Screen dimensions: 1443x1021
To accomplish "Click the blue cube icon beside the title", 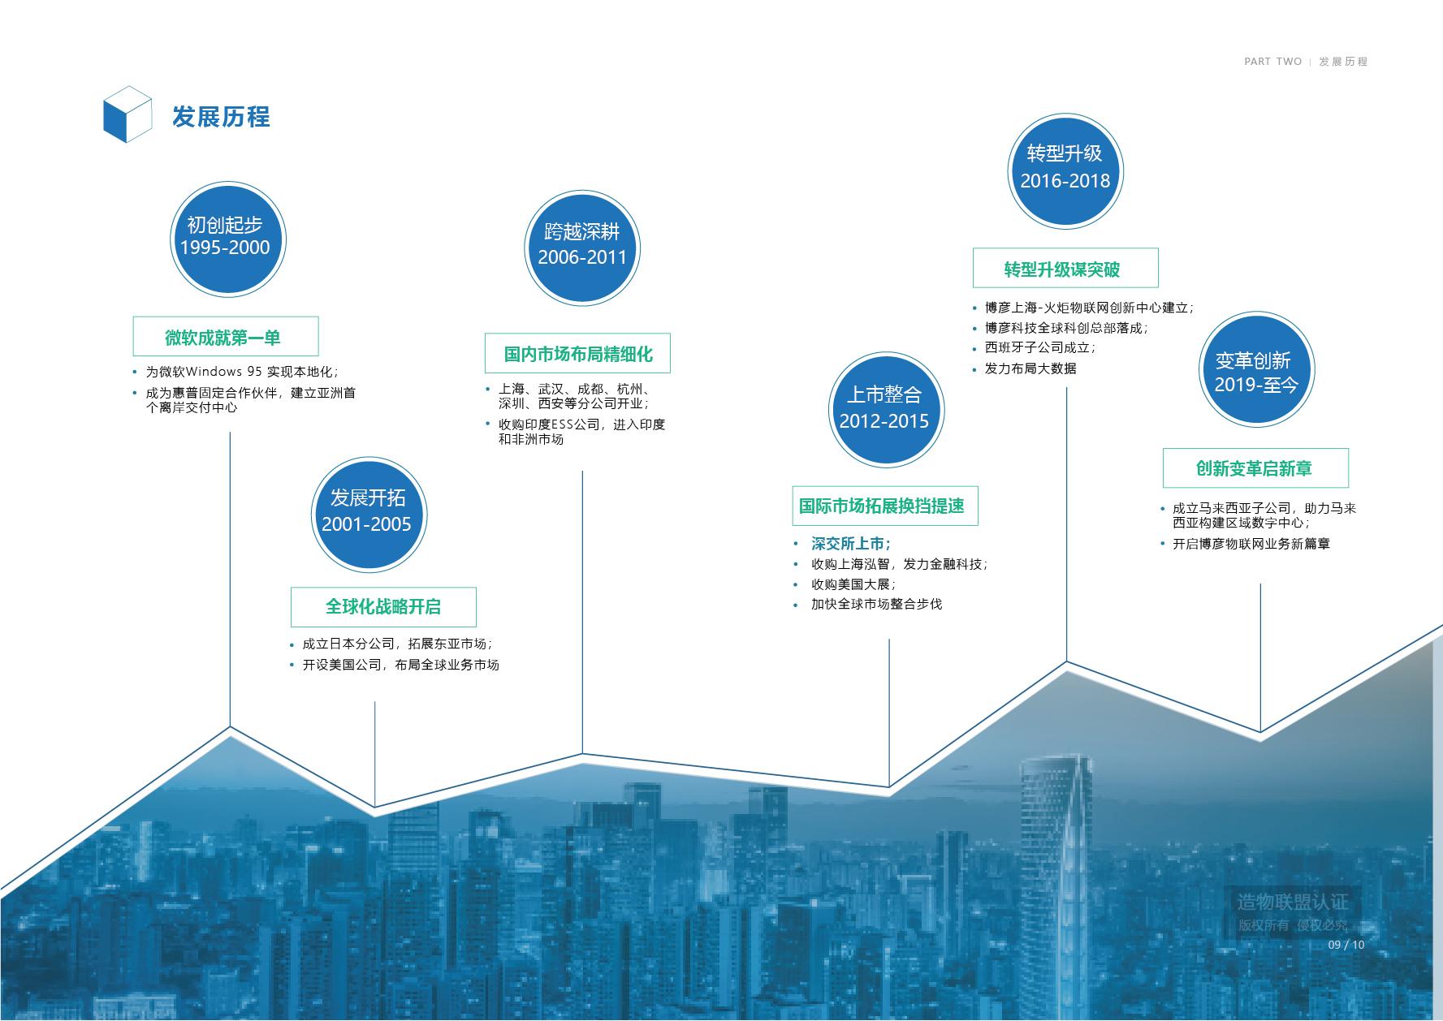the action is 127,115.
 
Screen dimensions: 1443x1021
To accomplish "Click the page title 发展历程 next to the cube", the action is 221,117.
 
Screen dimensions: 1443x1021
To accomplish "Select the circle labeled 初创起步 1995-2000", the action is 229,239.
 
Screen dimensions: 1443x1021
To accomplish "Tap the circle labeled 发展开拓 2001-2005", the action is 369,514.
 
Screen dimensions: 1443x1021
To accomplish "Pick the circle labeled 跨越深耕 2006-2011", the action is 582,248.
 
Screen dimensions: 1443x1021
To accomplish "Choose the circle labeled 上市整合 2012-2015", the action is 886,410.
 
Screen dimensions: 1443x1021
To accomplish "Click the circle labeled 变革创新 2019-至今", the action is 1256,369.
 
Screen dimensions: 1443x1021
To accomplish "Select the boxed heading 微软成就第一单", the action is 226,337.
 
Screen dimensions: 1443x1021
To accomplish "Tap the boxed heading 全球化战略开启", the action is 383,606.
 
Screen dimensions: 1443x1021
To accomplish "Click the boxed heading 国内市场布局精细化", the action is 577,353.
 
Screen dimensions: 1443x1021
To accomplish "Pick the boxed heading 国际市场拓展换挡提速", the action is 884,506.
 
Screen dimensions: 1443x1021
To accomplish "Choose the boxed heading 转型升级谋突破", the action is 1065,268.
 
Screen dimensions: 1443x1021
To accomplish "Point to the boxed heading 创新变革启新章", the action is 1255,467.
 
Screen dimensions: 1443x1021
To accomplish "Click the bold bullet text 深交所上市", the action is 851,544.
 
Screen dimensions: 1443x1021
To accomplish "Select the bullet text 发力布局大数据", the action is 1030,368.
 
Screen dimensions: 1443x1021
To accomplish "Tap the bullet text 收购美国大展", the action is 853,584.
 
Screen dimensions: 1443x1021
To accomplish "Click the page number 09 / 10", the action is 1346,945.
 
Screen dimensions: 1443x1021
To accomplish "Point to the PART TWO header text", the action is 1272,62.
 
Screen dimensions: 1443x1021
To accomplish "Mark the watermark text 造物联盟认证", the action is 1293,902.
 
